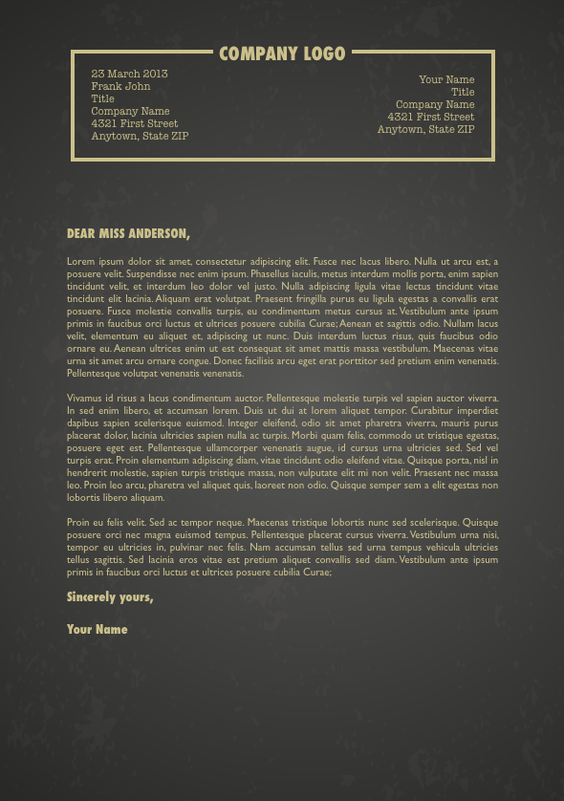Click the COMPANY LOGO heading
[282, 54]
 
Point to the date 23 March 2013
[129, 74]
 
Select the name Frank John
[120, 86]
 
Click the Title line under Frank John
[102, 98]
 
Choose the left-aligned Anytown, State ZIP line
[140, 136]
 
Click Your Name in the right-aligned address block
[446, 80]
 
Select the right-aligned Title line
[463, 93]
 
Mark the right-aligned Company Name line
[435, 105]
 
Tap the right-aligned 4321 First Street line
[430, 117]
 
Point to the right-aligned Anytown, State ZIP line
[425, 129]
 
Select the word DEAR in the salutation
[81, 233]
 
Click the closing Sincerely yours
[110, 597]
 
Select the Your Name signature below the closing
[97, 630]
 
